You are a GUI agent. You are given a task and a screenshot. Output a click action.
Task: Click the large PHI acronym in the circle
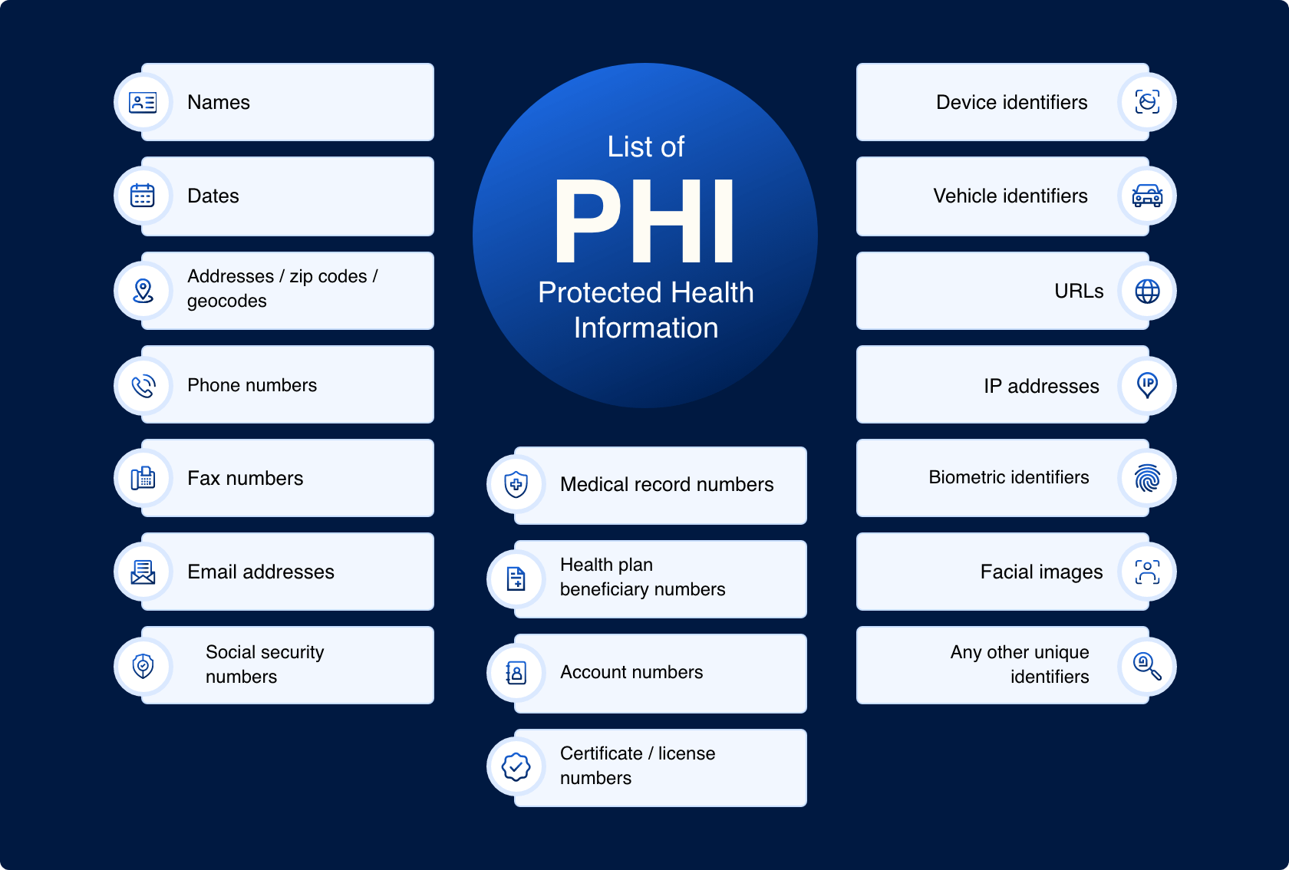tap(644, 222)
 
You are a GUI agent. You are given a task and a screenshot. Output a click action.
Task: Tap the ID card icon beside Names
tap(143, 102)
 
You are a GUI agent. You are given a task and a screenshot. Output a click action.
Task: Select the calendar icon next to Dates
tap(143, 196)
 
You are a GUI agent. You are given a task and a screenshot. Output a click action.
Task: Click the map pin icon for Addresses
tap(143, 291)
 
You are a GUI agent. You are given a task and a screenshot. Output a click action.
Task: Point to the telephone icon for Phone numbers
tap(143, 385)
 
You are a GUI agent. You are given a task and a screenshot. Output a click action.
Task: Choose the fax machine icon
tap(143, 478)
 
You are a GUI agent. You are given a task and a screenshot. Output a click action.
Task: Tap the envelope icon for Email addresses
tap(143, 572)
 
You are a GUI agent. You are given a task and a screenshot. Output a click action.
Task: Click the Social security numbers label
tap(265, 664)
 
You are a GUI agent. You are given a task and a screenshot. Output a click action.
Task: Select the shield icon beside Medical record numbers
tap(516, 484)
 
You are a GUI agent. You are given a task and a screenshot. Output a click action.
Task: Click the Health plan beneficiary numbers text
tap(642, 577)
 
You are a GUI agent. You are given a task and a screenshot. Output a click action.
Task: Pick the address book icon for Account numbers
tap(516, 673)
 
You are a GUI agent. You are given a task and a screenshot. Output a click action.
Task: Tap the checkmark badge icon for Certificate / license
tap(516, 766)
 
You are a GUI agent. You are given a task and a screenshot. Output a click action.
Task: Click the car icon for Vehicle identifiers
tap(1147, 196)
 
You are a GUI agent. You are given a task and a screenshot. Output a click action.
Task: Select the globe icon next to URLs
tap(1147, 291)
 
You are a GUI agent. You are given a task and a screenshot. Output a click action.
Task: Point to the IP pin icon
tap(1147, 384)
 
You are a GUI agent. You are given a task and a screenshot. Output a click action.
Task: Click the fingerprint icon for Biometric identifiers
tap(1147, 478)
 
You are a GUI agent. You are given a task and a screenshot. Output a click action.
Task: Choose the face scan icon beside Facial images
tap(1147, 572)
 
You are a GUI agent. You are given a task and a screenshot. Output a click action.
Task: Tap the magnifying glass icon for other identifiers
tap(1147, 665)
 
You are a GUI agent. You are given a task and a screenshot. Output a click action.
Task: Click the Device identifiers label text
tap(1011, 102)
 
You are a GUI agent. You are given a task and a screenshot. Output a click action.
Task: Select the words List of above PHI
tap(645, 147)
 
